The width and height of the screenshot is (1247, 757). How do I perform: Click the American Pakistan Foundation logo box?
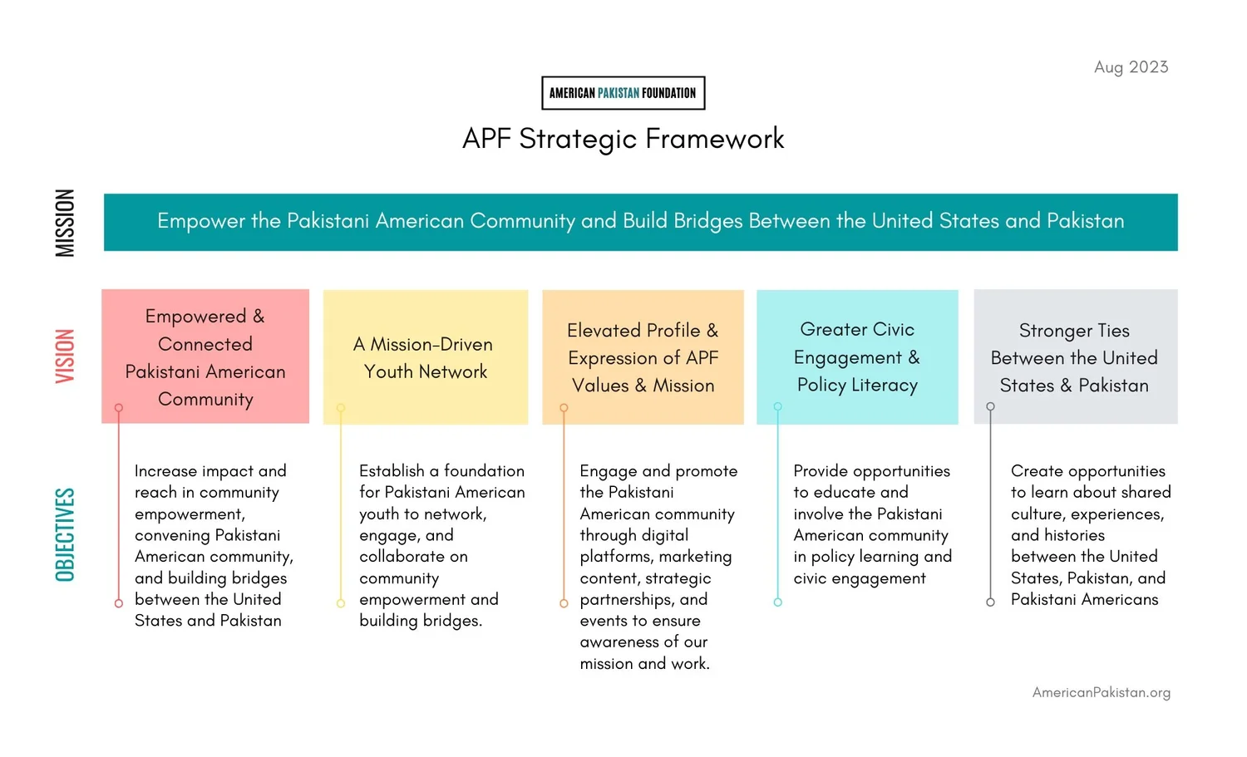pos(623,93)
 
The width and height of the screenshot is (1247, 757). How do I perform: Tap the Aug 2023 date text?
pos(1131,67)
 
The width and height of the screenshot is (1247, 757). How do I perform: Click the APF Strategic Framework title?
pos(623,139)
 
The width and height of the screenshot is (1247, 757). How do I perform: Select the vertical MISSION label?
pos(65,223)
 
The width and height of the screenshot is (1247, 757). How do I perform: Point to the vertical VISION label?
pos(65,356)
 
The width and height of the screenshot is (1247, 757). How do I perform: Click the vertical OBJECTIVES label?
pos(65,534)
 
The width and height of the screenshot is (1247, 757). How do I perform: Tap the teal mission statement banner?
pos(640,222)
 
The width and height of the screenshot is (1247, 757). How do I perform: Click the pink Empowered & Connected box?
pos(205,356)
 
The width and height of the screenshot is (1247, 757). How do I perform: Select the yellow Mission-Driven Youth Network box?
pos(425,357)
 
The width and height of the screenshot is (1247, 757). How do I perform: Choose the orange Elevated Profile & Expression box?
pos(643,357)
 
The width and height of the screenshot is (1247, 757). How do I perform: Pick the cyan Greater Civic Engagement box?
pos(857,357)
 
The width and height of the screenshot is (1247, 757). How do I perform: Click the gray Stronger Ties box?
pos(1075,357)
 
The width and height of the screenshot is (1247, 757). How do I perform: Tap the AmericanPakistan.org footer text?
pos(1101,692)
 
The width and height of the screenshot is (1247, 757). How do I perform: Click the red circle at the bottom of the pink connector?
pos(119,603)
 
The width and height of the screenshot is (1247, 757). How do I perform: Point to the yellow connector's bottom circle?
pos(341,603)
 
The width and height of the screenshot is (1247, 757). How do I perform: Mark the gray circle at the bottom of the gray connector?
pos(990,602)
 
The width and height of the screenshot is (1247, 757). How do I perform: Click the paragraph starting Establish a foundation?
pos(441,545)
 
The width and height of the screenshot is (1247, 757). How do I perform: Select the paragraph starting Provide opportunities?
pos(872,524)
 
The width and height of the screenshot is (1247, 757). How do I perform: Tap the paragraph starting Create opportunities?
pos(1090,534)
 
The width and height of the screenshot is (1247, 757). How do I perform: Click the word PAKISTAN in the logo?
pos(619,93)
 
